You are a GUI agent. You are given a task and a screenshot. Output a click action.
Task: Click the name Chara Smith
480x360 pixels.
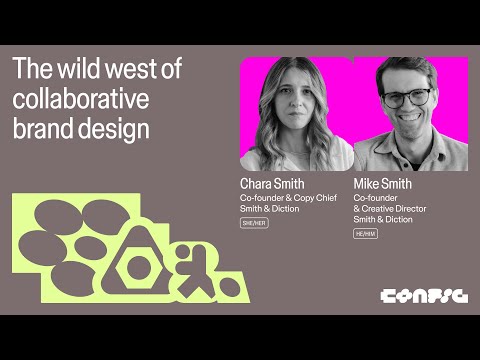click(x=272, y=184)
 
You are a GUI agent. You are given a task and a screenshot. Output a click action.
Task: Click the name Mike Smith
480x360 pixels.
click(x=383, y=184)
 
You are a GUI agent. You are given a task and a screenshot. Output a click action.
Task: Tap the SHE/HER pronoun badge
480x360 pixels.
click(x=254, y=223)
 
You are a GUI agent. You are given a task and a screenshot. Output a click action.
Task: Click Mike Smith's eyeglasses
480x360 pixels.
click(x=406, y=98)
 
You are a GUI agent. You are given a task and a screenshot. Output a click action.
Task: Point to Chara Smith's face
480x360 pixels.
click(x=294, y=106)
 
